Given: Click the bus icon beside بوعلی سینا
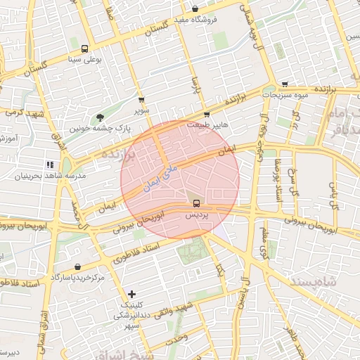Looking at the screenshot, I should (84, 49).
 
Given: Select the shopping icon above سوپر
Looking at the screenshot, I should (142, 101).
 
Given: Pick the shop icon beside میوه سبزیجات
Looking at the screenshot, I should (283, 83).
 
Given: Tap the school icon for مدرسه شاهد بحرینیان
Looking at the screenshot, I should (50, 165).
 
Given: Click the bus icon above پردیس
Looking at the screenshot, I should (196, 204).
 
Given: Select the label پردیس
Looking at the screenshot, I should (198, 216).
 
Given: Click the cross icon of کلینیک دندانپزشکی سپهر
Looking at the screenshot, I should (131, 293).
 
